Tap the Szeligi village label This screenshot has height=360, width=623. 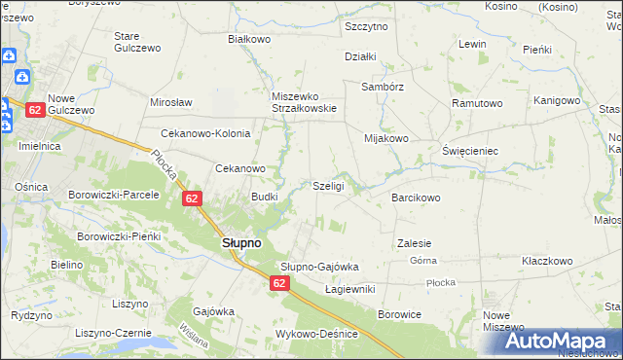328,186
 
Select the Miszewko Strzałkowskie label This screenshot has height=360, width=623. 304,102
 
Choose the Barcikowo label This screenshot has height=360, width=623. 416,198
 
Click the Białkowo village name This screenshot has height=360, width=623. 248,39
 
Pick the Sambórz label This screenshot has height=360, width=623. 383,86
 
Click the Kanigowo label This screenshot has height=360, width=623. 557,100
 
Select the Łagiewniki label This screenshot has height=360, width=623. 349,289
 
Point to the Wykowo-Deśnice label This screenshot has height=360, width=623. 316,334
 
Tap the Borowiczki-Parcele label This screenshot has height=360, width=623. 113,195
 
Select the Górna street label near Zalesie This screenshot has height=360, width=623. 422,261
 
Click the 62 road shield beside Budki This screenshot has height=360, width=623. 191,199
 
